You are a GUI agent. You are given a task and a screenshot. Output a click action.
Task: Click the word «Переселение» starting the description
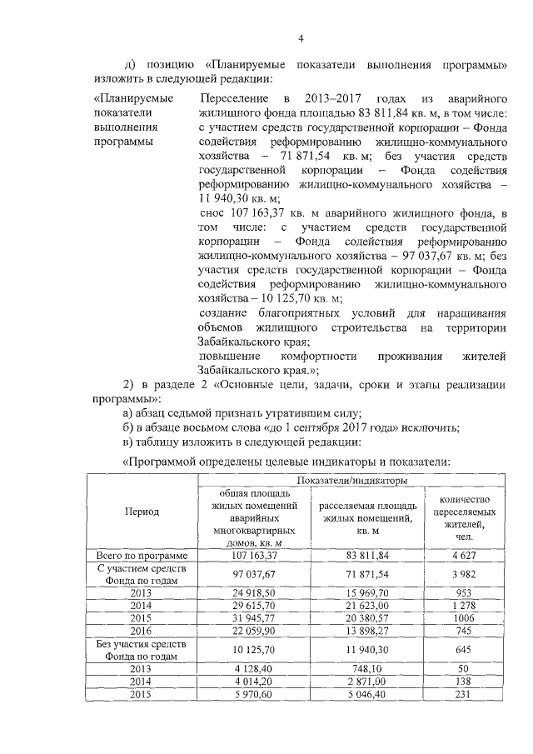click(233, 98)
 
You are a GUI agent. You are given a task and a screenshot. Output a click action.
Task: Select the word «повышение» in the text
click(228, 357)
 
